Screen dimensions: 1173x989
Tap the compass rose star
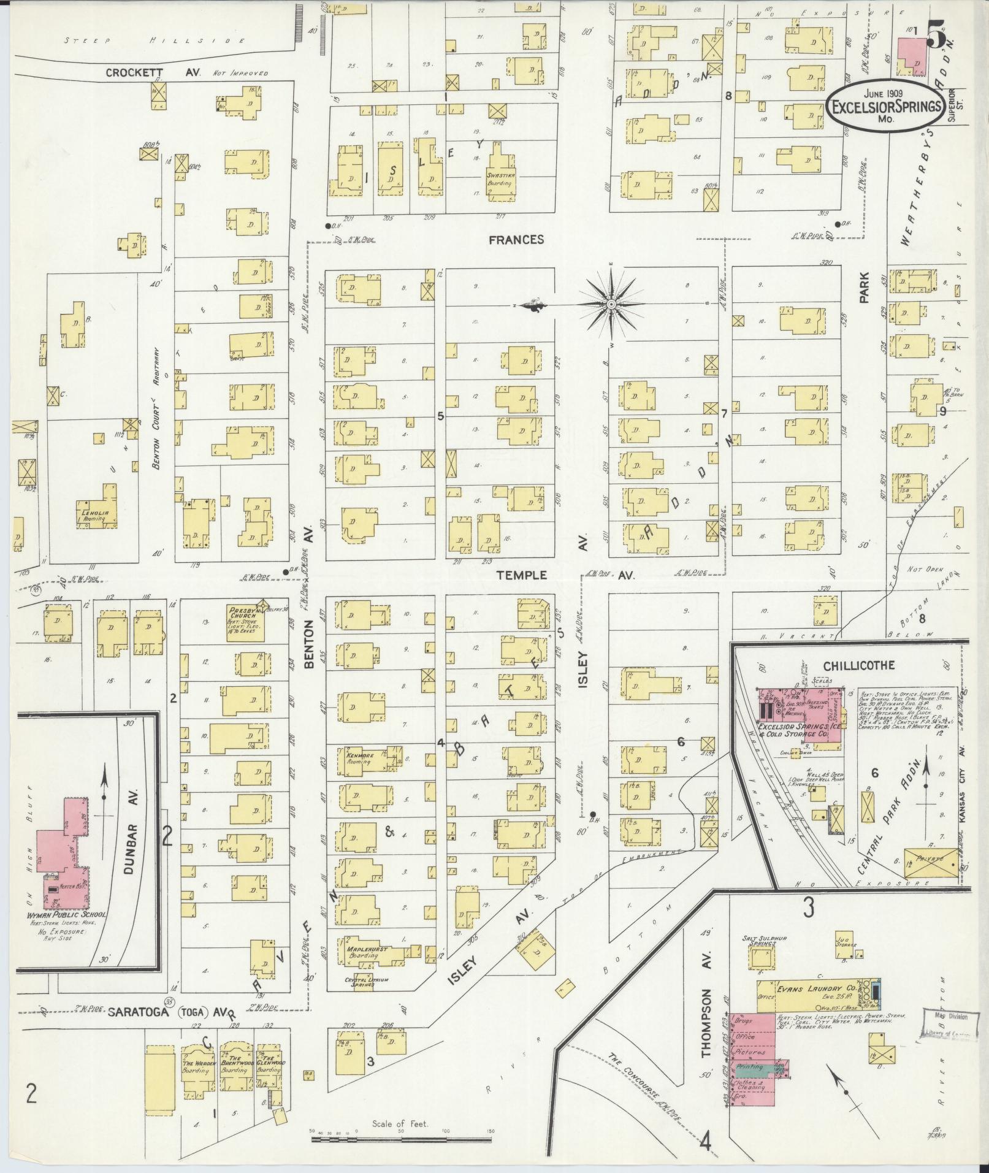pyautogui.click(x=611, y=305)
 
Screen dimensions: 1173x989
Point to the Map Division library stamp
pyautogui.click(x=950, y=1020)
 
